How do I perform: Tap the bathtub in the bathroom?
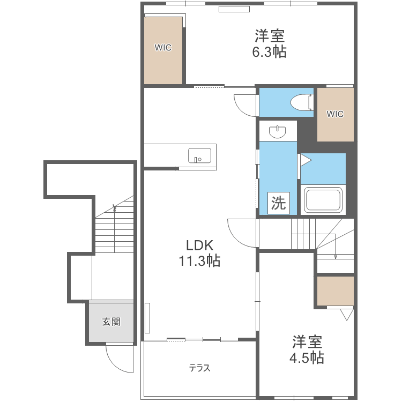[x=323, y=200]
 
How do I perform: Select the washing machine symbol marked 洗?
[x=278, y=203]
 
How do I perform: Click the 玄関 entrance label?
[x=111, y=322]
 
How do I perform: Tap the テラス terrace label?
[x=199, y=368]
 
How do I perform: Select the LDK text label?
[x=200, y=245]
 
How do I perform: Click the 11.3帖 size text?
[x=199, y=262]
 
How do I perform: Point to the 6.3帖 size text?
[x=269, y=53]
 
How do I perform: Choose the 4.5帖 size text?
[x=307, y=358]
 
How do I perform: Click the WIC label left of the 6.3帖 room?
[x=163, y=48]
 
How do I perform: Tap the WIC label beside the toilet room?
[x=335, y=114]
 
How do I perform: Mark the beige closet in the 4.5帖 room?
[x=335, y=291]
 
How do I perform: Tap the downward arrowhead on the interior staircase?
[x=336, y=257]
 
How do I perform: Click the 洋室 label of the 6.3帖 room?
[x=269, y=36]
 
